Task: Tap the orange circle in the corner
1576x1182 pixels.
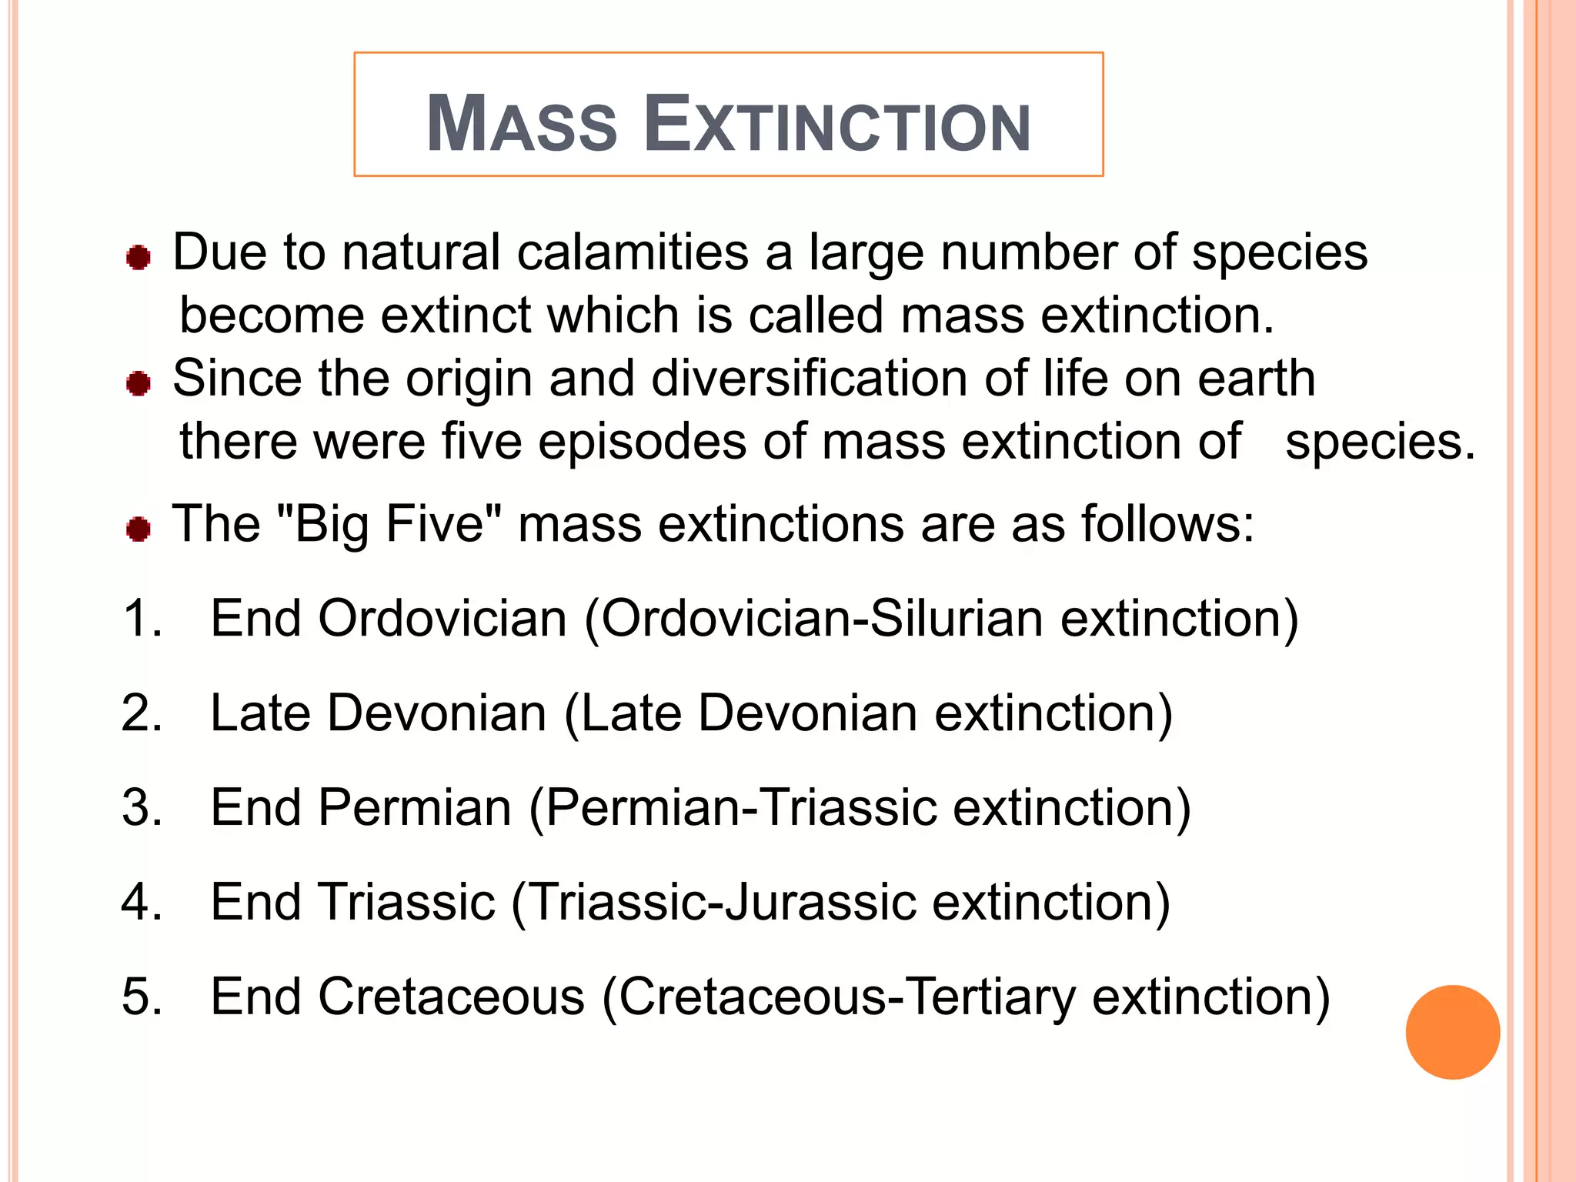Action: click(1452, 1032)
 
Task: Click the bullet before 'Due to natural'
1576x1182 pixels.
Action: click(139, 257)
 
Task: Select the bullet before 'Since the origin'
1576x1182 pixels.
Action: click(139, 382)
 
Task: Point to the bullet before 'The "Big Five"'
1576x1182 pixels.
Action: click(139, 529)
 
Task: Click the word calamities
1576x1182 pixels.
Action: click(633, 252)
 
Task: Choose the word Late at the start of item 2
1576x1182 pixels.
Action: click(260, 713)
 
